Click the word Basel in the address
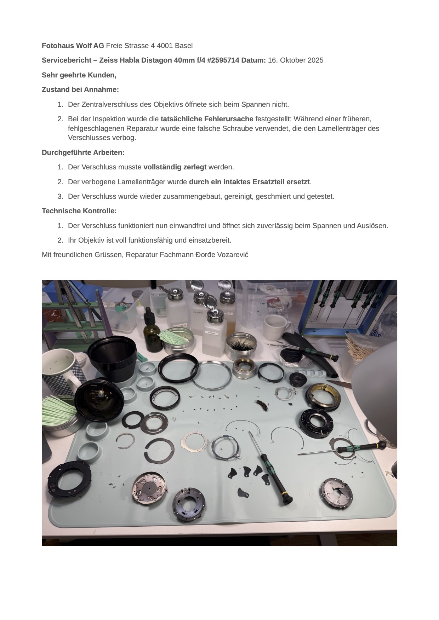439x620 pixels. point(184,46)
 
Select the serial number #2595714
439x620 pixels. point(223,60)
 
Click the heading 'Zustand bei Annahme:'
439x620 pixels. point(80,89)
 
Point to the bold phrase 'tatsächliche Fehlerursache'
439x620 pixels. point(207,119)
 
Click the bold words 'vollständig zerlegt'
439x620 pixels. point(175,167)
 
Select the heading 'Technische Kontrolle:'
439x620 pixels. point(79,211)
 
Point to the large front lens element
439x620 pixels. point(99,400)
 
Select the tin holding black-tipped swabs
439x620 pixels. point(241,346)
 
